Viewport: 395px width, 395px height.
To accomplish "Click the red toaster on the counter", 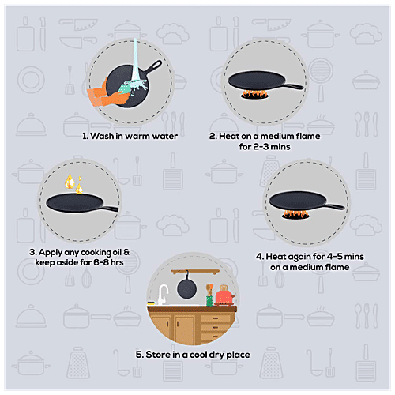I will click(224, 295).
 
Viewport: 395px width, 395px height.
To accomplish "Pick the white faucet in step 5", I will click(162, 294).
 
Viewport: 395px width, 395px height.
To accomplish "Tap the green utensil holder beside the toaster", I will click(209, 299).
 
